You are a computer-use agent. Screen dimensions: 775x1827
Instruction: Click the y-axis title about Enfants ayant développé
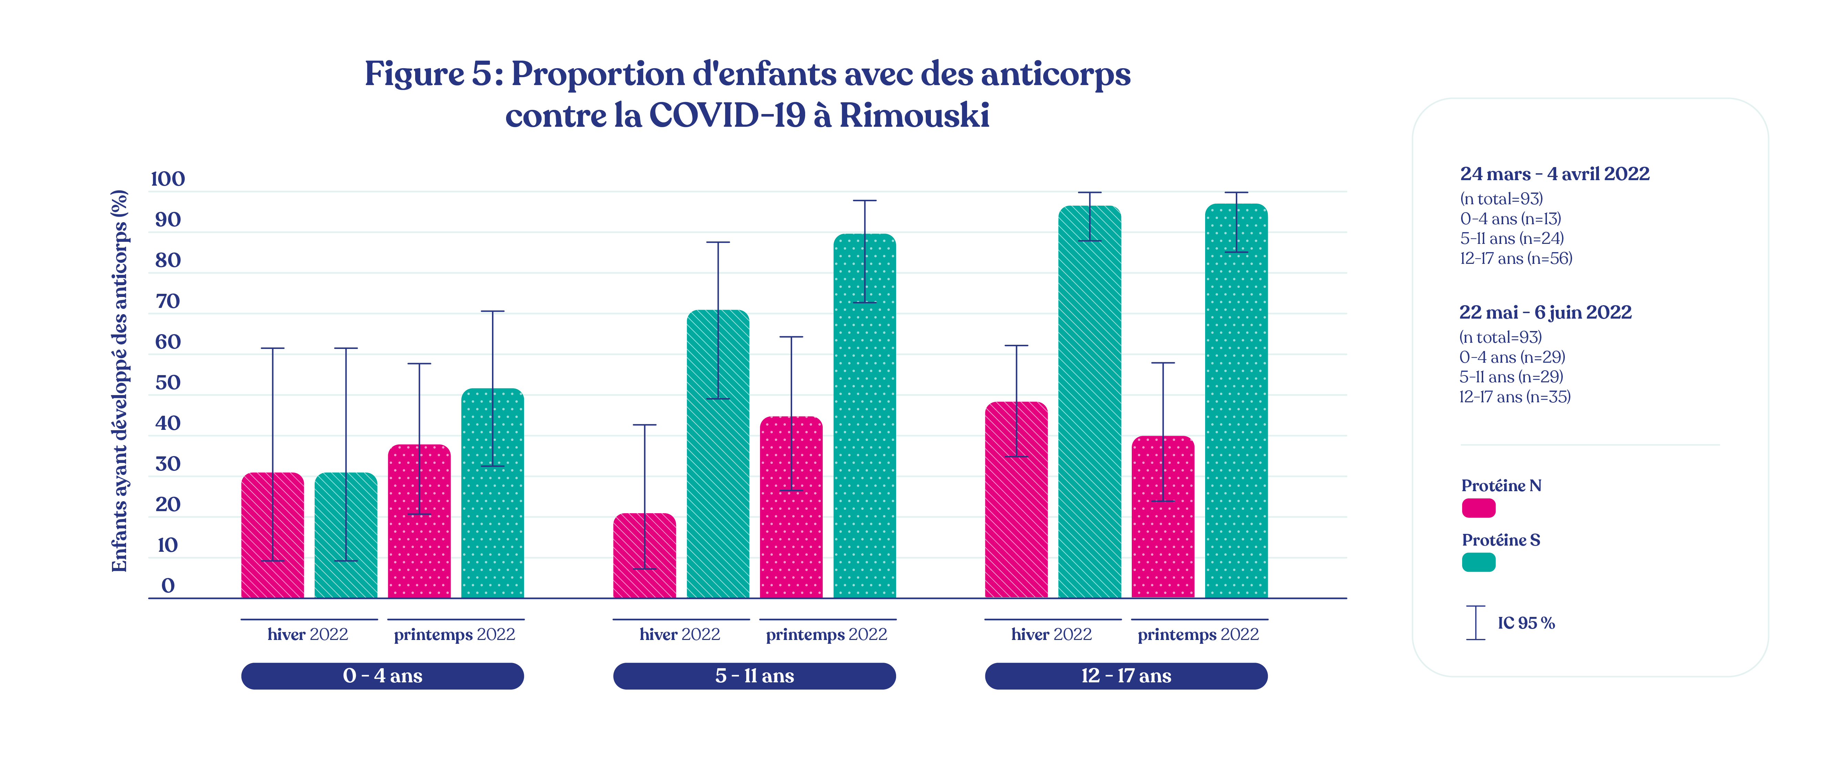119,381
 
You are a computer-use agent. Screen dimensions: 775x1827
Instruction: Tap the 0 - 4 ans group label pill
382,676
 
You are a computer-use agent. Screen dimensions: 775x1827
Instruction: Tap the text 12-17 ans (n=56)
1516,258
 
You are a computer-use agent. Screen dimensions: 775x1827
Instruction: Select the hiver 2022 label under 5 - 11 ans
679,634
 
